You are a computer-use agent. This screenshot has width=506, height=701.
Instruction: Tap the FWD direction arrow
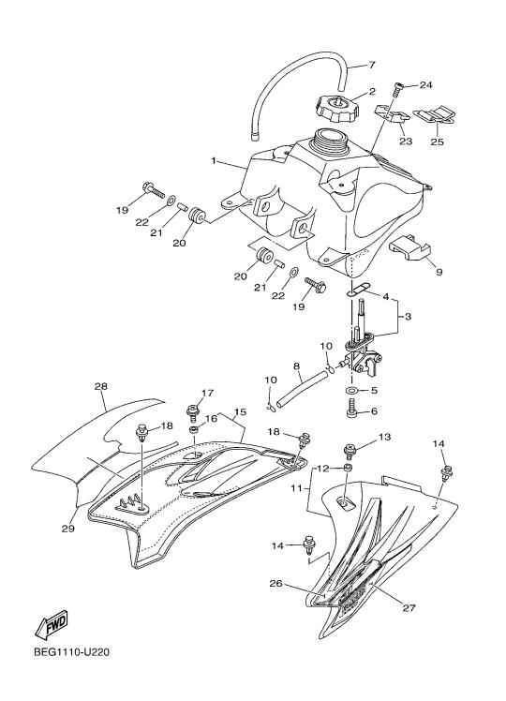click(x=52, y=623)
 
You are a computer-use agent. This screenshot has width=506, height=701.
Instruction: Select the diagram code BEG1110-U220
click(x=71, y=652)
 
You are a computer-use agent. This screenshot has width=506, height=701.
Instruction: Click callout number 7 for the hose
click(x=372, y=66)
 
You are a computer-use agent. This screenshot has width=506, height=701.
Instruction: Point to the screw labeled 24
click(x=397, y=90)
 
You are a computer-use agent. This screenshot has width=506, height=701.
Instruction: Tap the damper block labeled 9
click(x=409, y=248)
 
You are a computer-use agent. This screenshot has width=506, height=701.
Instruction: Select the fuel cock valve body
click(x=363, y=355)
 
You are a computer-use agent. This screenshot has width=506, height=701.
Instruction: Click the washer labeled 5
click(x=351, y=391)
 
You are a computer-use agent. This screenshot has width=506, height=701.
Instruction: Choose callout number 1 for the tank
click(x=214, y=160)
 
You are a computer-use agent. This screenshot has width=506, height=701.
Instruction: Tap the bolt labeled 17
click(x=194, y=413)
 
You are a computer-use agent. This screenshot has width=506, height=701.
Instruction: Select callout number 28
click(x=101, y=387)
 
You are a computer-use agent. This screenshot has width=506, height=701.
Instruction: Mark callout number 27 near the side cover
click(x=409, y=607)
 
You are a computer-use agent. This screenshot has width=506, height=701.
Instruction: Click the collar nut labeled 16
click(x=194, y=430)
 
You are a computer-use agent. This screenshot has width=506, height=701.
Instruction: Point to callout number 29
click(x=68, y=529)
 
